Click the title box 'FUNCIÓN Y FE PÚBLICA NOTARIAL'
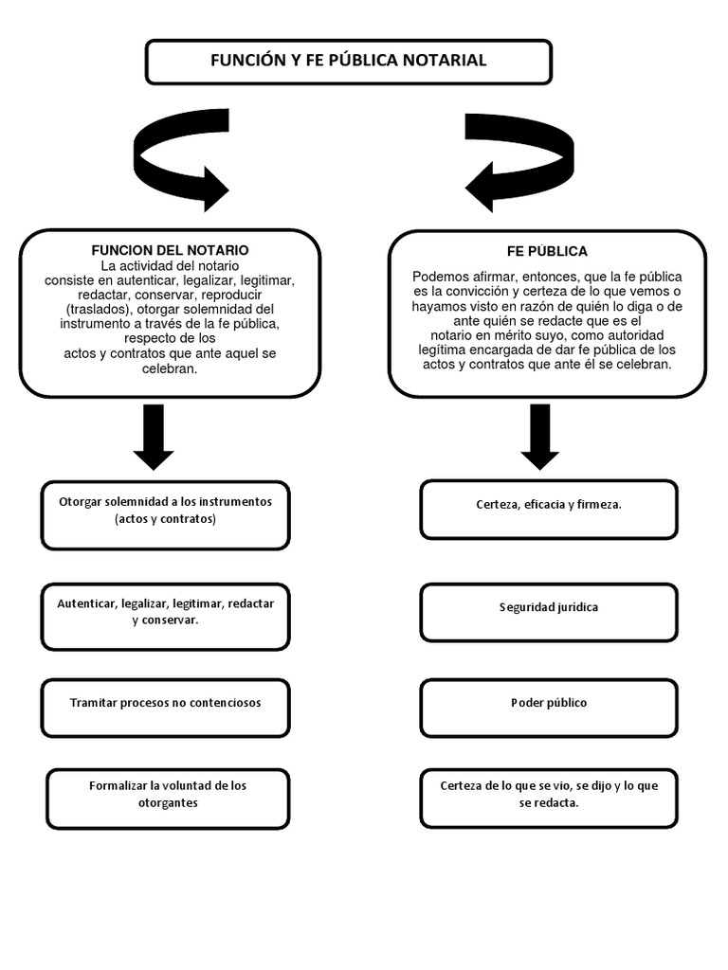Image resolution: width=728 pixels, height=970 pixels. click(x=348, y=62)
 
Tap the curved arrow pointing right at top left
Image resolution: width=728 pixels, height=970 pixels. click(x=180, y=161)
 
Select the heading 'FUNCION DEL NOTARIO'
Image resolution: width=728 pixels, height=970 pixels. click(x=170, y=250)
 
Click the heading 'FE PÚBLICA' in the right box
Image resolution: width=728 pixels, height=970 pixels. click(x=547, y=251)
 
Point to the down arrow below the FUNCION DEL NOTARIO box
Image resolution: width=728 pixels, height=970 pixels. click(x=154, y=436)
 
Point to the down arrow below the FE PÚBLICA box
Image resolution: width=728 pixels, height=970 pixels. click(x=539, y=436)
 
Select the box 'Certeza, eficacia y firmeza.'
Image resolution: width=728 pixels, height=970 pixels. click(x=549, y=509)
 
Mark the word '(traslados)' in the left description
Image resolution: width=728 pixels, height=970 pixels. click(x=100, y=309)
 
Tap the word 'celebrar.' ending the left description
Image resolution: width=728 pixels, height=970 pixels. click(x=170, y=368)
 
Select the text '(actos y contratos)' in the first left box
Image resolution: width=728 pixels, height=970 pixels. click(x=165, y=520)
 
